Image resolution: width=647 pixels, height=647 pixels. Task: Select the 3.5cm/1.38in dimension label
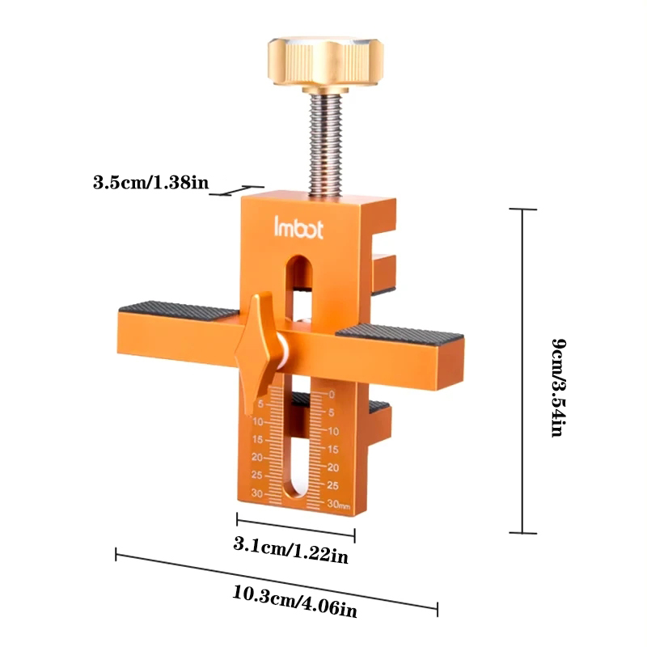click(151, 182)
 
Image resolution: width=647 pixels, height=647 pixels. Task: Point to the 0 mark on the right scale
click(331, 395)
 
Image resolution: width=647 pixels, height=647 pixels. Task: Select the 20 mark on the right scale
click(332, 467)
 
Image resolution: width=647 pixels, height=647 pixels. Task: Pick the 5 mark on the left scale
click(260, 404)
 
